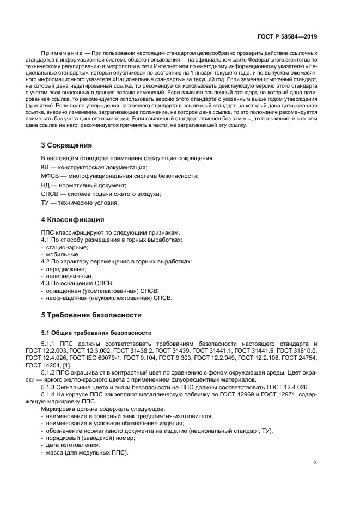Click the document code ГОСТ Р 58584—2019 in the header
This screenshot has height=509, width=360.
[x=288, y=36]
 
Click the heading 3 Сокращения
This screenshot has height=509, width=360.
[x=66, y=145]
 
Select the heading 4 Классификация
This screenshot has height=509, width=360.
[x=72, y=220]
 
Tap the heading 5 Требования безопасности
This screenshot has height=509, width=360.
[x=91, y=315]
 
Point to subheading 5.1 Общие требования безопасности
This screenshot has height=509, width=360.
[x=96, y=333]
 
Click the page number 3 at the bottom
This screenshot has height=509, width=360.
[x=315, y=463]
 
